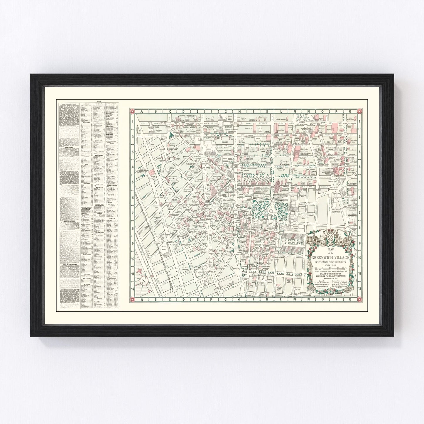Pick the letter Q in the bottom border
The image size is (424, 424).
click(351, 299)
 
